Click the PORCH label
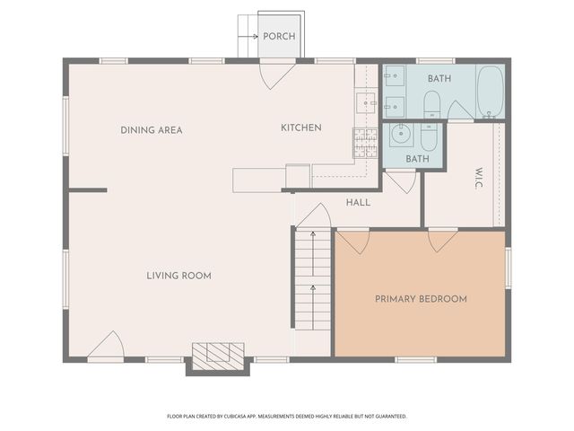click(x=279, y=36)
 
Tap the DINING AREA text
click(x=152, y=130)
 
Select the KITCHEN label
click(x=301, y=128)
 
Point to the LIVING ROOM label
click(x=178, y=276)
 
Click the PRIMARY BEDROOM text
click(x=421, y=299)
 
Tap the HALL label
click(x=358, y=202)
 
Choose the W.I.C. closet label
click(x=479, y=178)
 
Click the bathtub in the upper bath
click(x=491, y=92)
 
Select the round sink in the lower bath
click(x=401, y=135)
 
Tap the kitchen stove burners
click(x=365, y=143)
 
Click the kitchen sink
click(x=367, y=103)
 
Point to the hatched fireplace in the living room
click(x=218, y=356)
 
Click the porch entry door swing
click(x=277, y=76)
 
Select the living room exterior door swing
click(x=106, y=344)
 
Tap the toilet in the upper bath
click(x=432, y=105)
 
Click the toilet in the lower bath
click(x=429, y=137)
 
